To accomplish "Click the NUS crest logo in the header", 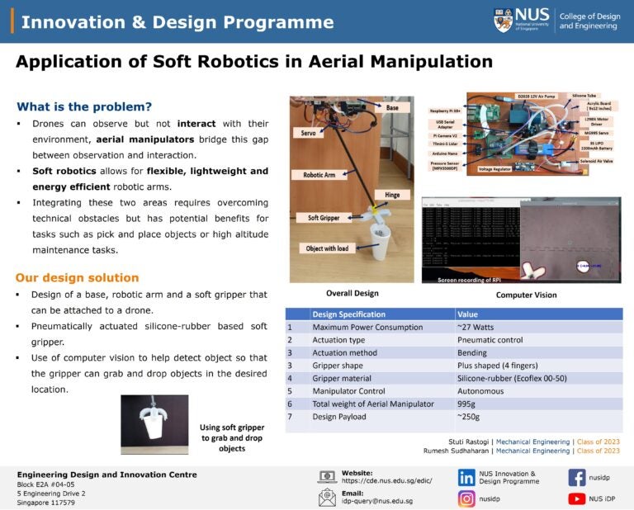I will point(503,20).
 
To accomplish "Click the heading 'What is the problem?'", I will point(84,106).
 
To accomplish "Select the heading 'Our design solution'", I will point(77,277).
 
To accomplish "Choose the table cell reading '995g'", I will point(468,404).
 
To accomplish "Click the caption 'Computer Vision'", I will point(526,295).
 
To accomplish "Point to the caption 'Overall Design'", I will point(352,293).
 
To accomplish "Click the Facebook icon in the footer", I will point(577,477).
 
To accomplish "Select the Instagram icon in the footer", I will point(467,498).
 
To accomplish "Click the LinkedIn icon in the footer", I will point(467,477).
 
